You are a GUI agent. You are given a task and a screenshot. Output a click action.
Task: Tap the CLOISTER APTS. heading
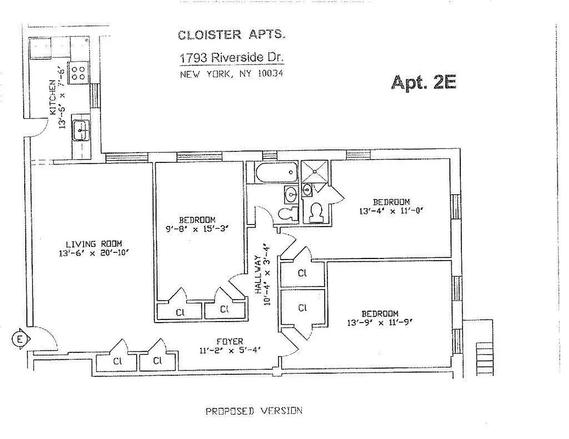click(231, 35)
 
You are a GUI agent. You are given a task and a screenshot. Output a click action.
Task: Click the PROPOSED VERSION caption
click(254, 410)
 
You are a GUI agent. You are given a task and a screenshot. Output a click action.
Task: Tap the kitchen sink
click(80, 130)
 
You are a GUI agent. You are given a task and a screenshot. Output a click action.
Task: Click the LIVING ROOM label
click(94, 244)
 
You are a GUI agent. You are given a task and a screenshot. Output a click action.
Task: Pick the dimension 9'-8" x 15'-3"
click(197, 229)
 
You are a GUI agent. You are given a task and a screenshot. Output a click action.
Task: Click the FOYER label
click(230, 341)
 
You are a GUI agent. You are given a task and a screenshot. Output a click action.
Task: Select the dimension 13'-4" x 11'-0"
click(392, 211)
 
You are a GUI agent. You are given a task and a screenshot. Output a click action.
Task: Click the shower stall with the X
click(315, 171)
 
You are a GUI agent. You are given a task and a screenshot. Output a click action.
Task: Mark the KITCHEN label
click(53, 97)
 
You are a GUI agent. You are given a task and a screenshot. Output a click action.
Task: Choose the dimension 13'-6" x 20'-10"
click(94, 253)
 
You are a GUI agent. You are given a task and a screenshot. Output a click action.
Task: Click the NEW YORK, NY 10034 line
click(231, 74)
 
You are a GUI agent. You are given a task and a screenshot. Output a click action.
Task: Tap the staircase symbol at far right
click(484, 356)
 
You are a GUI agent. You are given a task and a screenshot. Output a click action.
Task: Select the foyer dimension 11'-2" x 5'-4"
click(230, 351)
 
